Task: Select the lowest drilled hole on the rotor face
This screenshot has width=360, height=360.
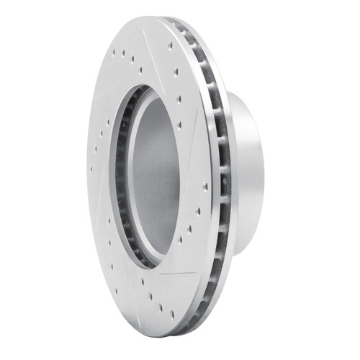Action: click(x=172, y=314)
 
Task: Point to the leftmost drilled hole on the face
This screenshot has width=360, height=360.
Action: click(x=91, y=170)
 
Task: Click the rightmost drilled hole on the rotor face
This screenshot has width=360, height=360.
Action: click(x=205, y=186)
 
